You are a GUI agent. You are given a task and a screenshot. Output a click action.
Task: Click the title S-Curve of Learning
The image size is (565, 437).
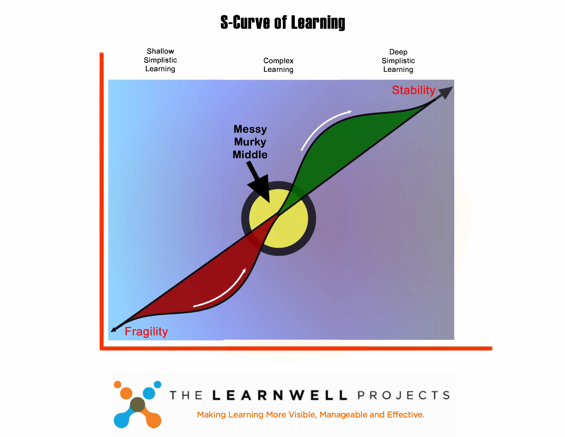282,23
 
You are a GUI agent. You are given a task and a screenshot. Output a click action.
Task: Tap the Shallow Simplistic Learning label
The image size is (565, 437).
160,60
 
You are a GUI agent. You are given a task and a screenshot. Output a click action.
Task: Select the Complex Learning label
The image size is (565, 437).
278,65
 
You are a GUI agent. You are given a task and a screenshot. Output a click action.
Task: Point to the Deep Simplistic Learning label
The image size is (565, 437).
398,61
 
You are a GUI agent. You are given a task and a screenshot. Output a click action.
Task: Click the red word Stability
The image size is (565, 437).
413,90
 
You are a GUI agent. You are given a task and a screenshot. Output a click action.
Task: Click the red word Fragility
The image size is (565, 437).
146,331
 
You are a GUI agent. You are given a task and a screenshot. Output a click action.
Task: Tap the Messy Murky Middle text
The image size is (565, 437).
250,142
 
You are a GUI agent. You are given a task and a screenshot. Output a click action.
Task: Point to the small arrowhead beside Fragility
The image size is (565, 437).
114,329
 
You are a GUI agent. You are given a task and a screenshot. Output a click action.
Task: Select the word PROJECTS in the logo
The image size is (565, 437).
404,396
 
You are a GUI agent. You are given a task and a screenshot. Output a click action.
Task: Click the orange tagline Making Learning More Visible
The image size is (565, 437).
310,415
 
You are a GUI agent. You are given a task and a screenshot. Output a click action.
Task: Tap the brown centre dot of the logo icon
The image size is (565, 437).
137,405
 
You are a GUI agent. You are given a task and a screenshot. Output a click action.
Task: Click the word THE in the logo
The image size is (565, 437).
186,396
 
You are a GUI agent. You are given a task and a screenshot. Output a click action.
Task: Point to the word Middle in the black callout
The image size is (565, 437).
250,155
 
